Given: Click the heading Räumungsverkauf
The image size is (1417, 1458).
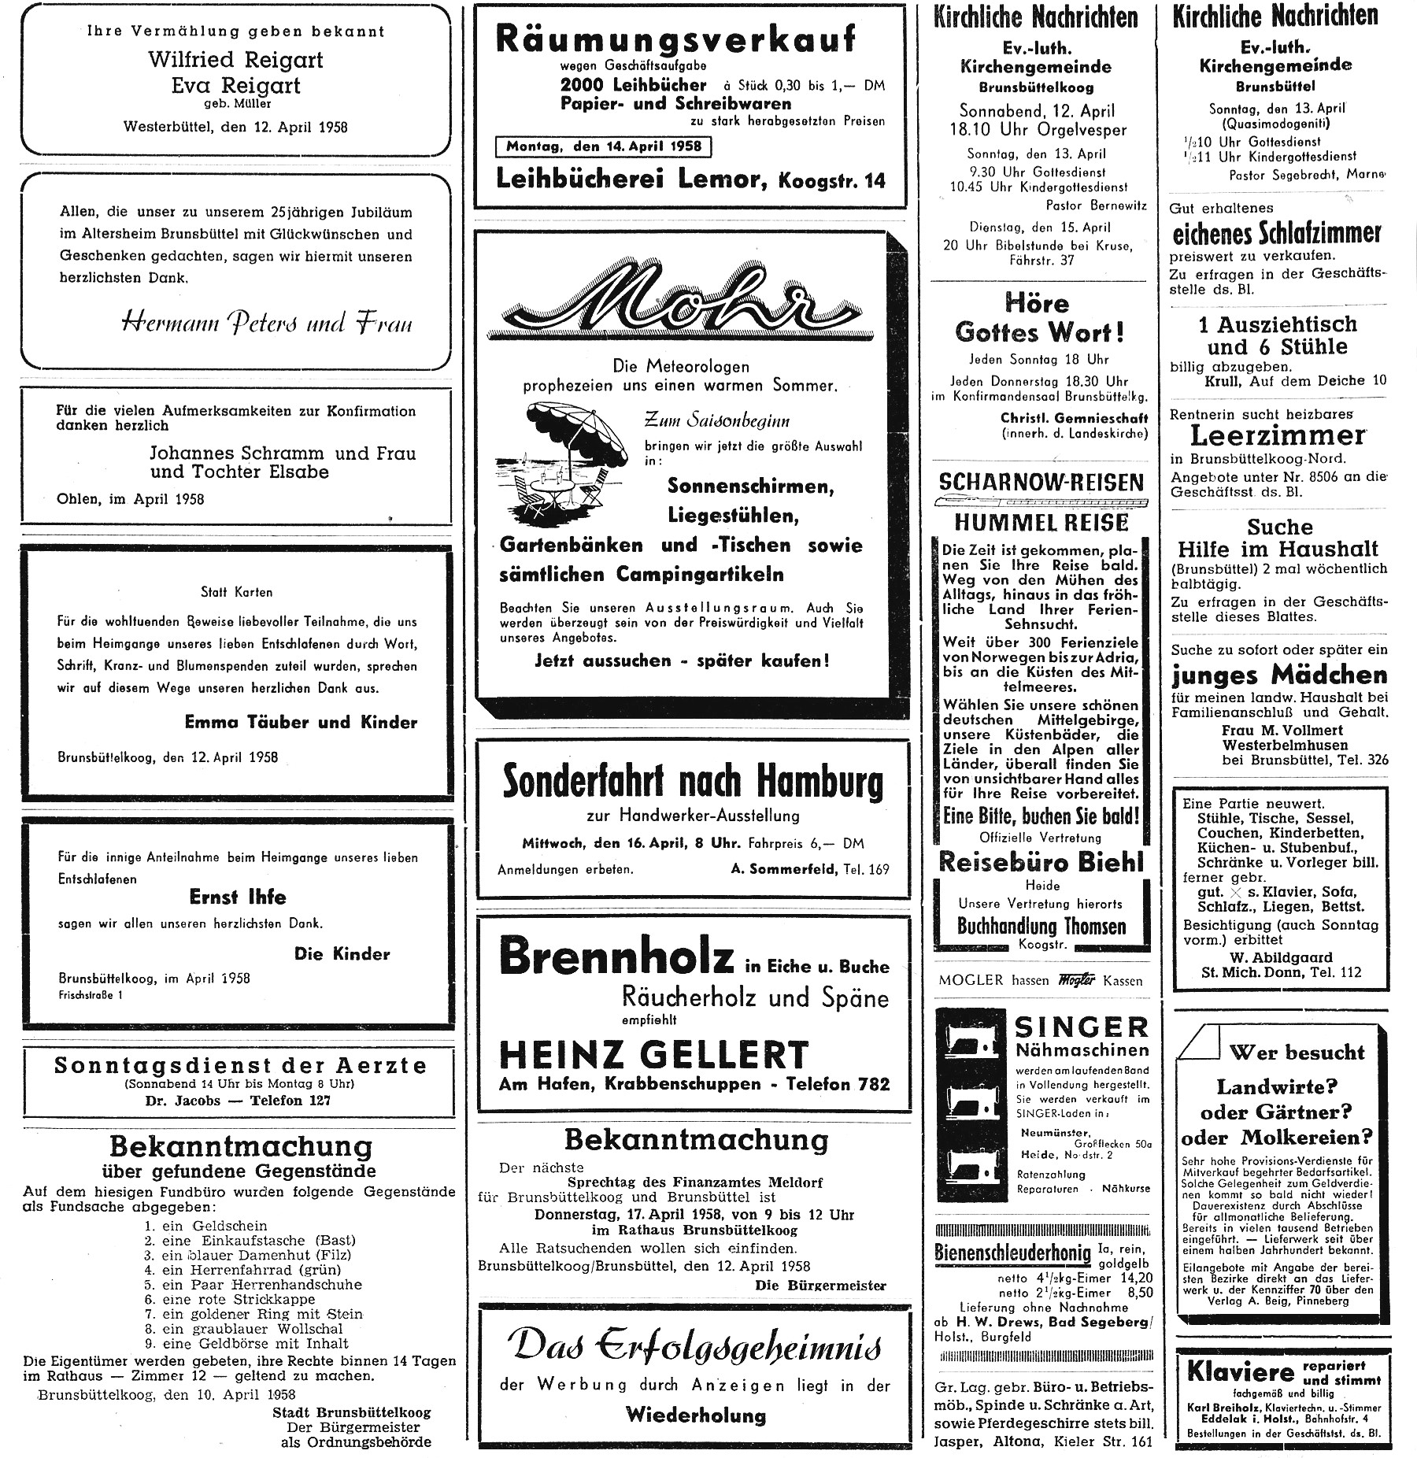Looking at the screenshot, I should pyautogui.click(x=675, y=39).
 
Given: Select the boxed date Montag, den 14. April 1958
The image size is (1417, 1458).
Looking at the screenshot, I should pyautogui.click(x=604, y=146).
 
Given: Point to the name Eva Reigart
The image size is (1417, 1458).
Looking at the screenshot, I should pyautogui.click(x=236, y=85).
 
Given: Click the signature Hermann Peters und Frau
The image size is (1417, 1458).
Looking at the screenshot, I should pyautogui.click(x=267, y=323).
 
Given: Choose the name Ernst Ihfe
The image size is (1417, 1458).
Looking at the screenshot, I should pyautogui.click(x=238, y=897).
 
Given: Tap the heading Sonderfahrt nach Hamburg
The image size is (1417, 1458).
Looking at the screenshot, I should pyautogui.click(x=693, y=781).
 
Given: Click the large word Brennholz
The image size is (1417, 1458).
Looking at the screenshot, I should pyautogui.click(x=616, y=958).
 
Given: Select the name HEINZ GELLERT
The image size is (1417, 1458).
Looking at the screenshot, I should pyautogui.click(x=653, y=1054).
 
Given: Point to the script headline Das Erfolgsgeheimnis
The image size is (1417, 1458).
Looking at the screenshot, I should pyautogui.click(x=694, y=1347).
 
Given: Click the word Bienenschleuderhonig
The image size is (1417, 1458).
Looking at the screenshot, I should pyautogui.click(x=1012, y=1252).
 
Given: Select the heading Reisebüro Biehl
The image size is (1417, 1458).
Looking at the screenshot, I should pyautogui.click(x=1041, y=862).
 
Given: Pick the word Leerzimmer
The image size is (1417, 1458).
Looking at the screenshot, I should pyautogui.click(x=1277, y=435).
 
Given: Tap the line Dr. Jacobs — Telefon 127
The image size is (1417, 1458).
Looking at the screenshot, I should pyautogui.click(x=238, y=1100).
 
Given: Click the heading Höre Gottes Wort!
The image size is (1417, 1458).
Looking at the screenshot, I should pyautogui.click(x=1038, y=318).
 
